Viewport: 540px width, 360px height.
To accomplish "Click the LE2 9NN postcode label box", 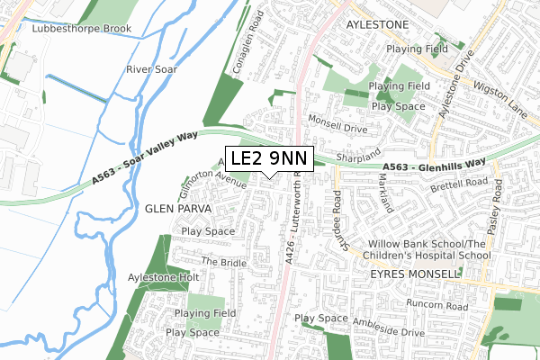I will [268, 158].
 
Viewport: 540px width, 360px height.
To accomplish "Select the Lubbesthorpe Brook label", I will [81, 29].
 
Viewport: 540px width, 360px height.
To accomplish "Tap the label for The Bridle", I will [223, 262].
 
